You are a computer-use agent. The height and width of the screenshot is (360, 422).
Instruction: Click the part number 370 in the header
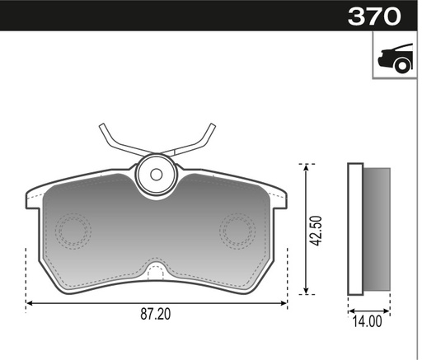(x=374, y=16)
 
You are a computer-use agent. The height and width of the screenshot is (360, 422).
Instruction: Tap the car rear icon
(x=396, y=58)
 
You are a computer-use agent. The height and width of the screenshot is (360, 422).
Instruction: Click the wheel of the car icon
(x=402, y=66)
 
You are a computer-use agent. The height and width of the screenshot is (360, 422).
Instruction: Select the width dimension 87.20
(x=156, y=314)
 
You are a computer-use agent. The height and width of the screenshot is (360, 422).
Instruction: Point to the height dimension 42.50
(x=316, y=231)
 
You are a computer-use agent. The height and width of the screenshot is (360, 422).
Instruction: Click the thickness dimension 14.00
(x=367, y=321)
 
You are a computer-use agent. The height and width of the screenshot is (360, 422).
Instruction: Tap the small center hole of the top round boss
(x=156, y=175)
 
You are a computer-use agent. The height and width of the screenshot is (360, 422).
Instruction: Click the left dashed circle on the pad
(x=73, y=231)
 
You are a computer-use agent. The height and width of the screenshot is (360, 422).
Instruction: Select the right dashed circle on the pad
(x=237, y=231)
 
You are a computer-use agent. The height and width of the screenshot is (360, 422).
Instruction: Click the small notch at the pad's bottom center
(x=156, y=271)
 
